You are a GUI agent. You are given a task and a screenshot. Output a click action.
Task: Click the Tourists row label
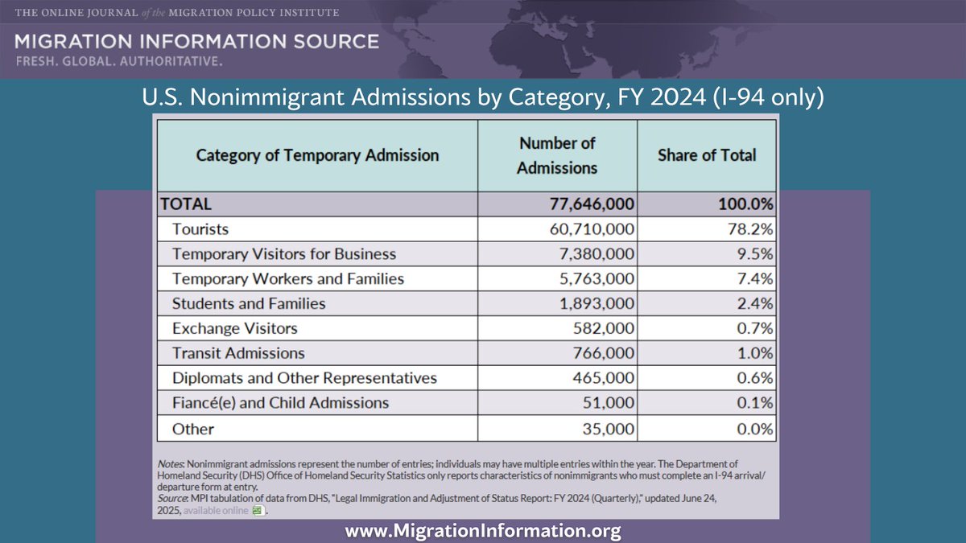pos(200,229)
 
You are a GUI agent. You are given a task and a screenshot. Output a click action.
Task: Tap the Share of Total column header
pos(707,155)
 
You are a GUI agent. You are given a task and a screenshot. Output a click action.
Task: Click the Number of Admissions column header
pos(557,155)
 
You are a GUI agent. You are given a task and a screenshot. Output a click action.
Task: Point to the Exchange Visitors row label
pos(234,328)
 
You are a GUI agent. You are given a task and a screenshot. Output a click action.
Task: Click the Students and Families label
pos(249,303)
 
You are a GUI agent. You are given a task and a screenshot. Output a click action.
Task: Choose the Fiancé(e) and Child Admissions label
pos(280,403)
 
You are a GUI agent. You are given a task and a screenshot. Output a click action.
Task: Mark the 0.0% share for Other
pos(755,429)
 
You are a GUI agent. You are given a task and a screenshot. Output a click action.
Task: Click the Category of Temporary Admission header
pos(317,155)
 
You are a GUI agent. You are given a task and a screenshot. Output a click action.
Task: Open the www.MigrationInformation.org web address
pos(483,531)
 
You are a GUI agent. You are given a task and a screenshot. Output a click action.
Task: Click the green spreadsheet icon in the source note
pos(257,510)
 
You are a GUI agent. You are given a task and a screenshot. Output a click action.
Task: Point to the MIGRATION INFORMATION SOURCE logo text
pos(196,41)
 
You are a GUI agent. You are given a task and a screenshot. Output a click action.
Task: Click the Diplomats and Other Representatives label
pos(304,378)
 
